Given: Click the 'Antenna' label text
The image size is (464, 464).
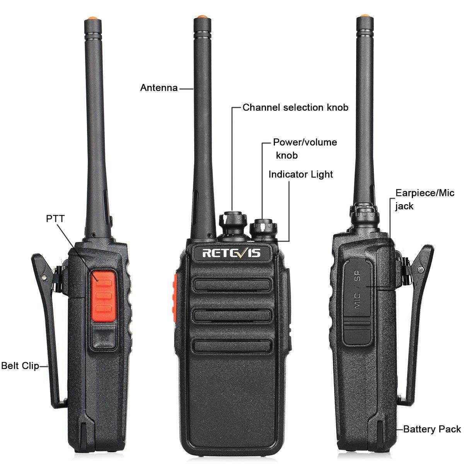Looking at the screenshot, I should pyautogui.click(x=159, y=88).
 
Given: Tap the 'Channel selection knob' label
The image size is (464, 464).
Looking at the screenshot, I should pyautogui.click(x=295, y=107).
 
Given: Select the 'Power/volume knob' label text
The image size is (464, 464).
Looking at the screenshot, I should pyautogui.click(x=304, y=148).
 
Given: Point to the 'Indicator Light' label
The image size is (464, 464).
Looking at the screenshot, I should pyautogui.click(x=300, y=174).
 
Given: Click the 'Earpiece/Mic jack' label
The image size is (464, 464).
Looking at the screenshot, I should pyautogui.click(x=424, y=199).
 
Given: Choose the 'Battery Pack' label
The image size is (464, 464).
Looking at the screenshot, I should pyautogui.click(x=432, y=429).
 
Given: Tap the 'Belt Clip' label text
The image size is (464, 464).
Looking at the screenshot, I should pyautogui.click(x=20, y=365).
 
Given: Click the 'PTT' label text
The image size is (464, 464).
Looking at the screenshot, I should pyautogui.click(x=55, y=218).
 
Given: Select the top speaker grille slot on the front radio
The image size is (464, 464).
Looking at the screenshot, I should pyautogui.click(x=231, y=285).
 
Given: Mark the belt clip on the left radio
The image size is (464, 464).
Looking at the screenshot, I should pyautogui.click(x=46, y=329).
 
